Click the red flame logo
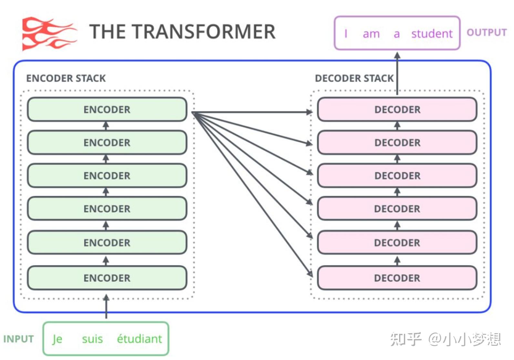pyautogui.click(x=49, y=34)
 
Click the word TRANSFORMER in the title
pyautogui.click(x=203, y=32)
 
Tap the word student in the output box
pyautogui.click(x=432, y=34)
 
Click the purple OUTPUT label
pyautogui.click(x=487, y=32)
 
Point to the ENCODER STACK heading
pyautogui.click(x=66, y=78)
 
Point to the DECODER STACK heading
pyautogui.click(x=354, y=78)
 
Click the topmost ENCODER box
pyautogui.click(x=107, y=109)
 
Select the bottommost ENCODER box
pyautogui.click(x=107, y=278)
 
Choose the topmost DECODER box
pyautogui.click(x=397, y=109)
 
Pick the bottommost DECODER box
pyautogui.click(x=397, y=278)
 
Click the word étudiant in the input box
pyautogui.click(x=139, y=339)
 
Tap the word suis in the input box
pyautogui.click(x=92, y=339)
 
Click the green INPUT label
pyautogui.click(x=19, y=339)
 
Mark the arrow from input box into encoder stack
pyautogui.click(x=106, y=306)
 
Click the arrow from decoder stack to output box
pyautogui.click(x=397, y=73)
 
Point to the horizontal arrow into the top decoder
pyautogui.click(x=252, y=112)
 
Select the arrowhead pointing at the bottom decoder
pyautogui.click(x=310, y=273)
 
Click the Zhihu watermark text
pyautogui.click(x=445, y=339)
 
